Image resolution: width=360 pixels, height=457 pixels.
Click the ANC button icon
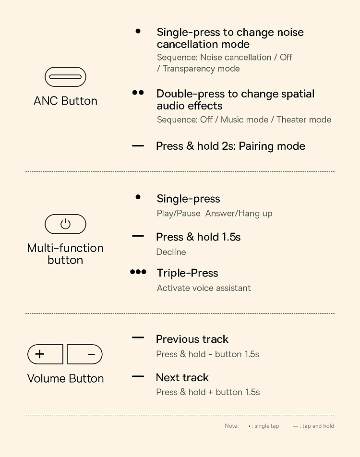tap(65, 77)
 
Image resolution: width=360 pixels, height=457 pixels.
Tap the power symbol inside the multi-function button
tap(65, 224)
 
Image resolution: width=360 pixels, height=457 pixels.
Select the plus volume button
tap(45, 354)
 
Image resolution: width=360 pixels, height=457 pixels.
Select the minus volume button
tap(84, 354)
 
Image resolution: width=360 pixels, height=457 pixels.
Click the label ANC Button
tap(65, 101)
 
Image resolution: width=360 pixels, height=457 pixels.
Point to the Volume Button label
tap(65, 378)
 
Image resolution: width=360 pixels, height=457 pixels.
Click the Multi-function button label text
tap(65, 254)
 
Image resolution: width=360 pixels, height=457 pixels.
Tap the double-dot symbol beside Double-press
tap(138, 93)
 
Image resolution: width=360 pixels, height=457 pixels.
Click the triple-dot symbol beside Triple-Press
tap(138, 272)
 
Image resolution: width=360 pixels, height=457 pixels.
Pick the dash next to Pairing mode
tap(138, 146)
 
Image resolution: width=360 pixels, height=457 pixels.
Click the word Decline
tap(171, 252)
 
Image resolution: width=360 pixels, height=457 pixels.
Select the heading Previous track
tap(192, 339)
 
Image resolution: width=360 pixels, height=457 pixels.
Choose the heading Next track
tap(182, 377)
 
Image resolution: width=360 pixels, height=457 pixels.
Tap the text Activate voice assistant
tap(204, 288)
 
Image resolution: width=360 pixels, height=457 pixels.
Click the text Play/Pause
tap(179, 213)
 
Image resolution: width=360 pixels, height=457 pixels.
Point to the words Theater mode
tap(304, 120)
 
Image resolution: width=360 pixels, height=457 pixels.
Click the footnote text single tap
tap(267, 426)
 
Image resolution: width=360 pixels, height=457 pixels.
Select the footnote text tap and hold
tap(318, 426)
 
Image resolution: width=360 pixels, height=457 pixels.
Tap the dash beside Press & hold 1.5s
tap(138, 236)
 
